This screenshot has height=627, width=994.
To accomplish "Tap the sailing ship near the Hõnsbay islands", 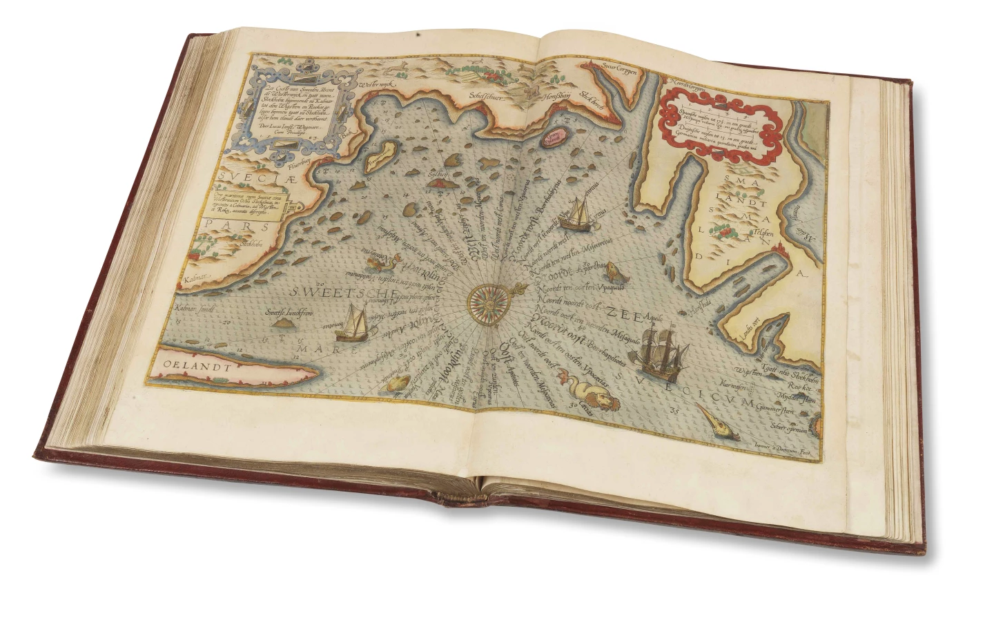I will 575,213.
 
